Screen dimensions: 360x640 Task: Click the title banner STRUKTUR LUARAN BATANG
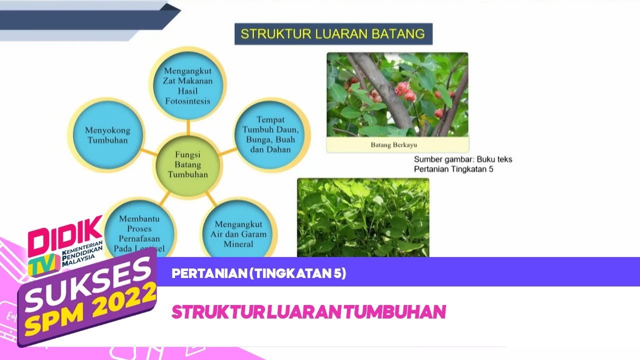pyautogui.click(x=333, y=34)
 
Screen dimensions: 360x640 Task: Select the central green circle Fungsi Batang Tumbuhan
pyautogui.click(x=187, y=164)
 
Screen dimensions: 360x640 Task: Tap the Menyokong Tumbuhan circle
pyautogui.click(x=107, y=135)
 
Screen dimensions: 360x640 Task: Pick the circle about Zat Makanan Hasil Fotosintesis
pyautogui.click(x=187, y=85)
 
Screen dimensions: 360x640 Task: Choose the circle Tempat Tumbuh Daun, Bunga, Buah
pyautogui.click(x=270, y=134)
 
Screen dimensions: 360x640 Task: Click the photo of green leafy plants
pyautogui.click(x=362, y=217)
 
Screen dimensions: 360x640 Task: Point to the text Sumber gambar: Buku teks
pyautogui.click(x=462, y=159)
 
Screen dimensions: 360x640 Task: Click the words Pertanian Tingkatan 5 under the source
pyautogui.click(x=453, y=169)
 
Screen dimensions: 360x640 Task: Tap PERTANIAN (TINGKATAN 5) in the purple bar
pyautogui.click(x=258, y=273)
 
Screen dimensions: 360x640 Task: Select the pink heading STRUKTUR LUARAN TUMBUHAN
pyautogui.click(x=308, y=312)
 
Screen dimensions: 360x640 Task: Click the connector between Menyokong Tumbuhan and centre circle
pyautogui.click(x=149, y=151)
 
